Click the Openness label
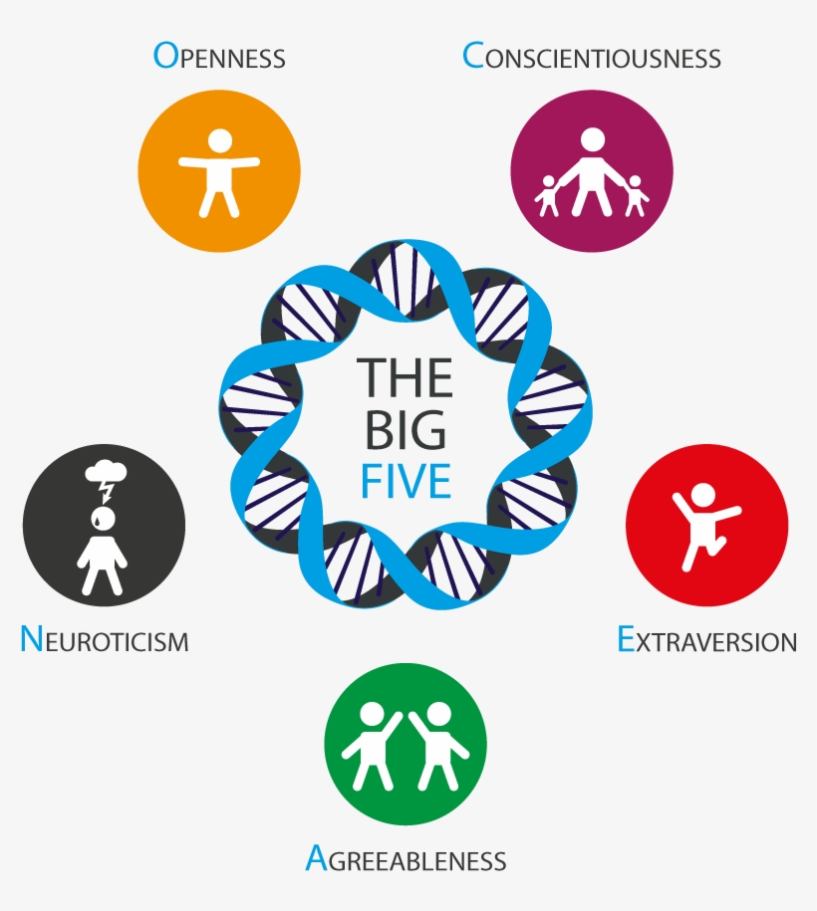pyautogui.click(x=219, y=57)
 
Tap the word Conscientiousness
pyautogui.click(x=592, y=57)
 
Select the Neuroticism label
pyautogui.click(x=104, y=639)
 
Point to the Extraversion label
pyautogui.click(x=706, y=640)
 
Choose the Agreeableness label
pyautogui.click(x=406, y=859)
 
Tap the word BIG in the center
pyautogui.click(x=406, y=429)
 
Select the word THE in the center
pyautogui.click(x=406, y=377)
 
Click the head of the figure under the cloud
pyautogui.click(x=103, y=518)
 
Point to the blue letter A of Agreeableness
pyautogui.click(x=316, y=858)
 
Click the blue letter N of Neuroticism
pyautogui.click(x=31, y=639)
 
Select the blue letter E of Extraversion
pyautogui.click(x=626, y=639)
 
